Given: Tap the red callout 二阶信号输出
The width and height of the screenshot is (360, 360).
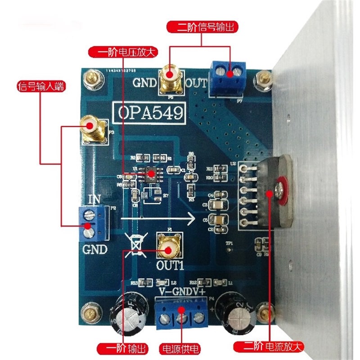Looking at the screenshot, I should tap(201, 27).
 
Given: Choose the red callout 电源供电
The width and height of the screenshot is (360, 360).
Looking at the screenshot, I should tap(180, 347).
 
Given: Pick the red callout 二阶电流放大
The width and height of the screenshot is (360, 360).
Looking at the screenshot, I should tap(269, 347).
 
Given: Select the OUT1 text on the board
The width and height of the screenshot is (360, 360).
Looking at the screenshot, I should tap(169, 265).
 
